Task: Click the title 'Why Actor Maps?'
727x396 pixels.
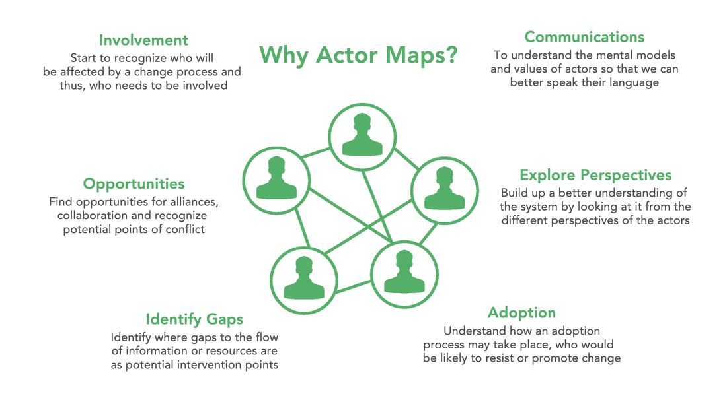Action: coord(358,54)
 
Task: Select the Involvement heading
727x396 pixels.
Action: coord(143,40)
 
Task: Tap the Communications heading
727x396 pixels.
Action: coord(584,36)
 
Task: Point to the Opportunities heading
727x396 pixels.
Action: coord(134,183)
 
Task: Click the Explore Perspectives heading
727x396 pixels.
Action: coord(595,175)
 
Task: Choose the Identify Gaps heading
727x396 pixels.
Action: coord(194,319)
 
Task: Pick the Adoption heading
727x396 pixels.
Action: coord(521,312)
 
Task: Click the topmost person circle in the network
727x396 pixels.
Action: coord(362,137)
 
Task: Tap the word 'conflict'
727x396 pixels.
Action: coord(184,229)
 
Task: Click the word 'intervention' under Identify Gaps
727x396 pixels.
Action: coord(218,365)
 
